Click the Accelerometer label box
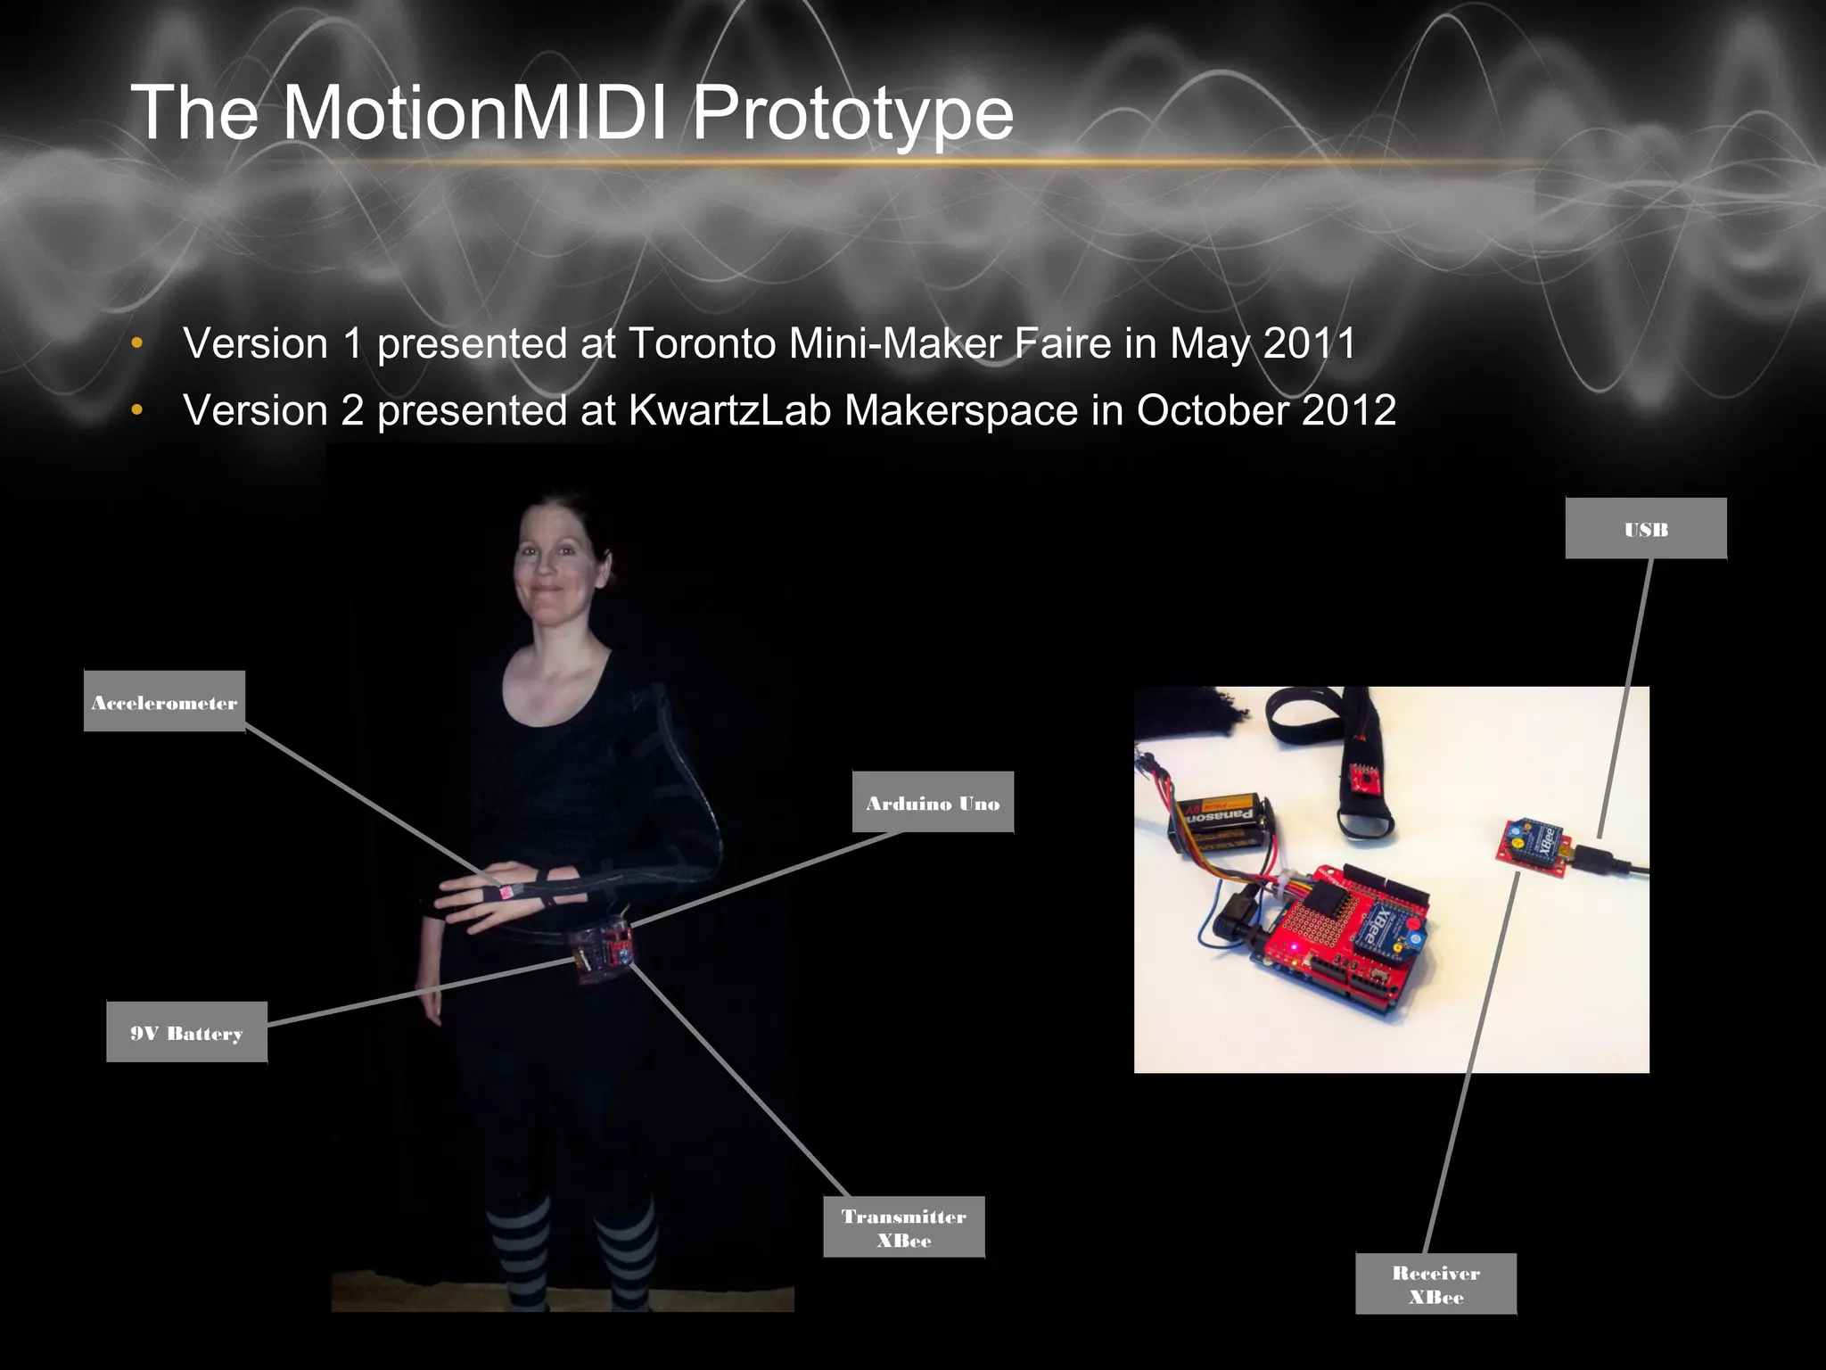pos(164,702)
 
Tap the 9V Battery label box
pos(186,1033)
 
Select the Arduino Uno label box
pos(933,803)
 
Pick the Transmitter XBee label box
pos(903,1227)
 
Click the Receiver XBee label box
pos(1435,1284)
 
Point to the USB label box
pos(1646,529)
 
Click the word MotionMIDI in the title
pos(473,113)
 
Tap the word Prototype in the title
pos(852,113)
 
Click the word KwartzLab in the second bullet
pos(729,410)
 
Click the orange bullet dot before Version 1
pos(136,343)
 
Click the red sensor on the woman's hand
pos(505,891)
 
